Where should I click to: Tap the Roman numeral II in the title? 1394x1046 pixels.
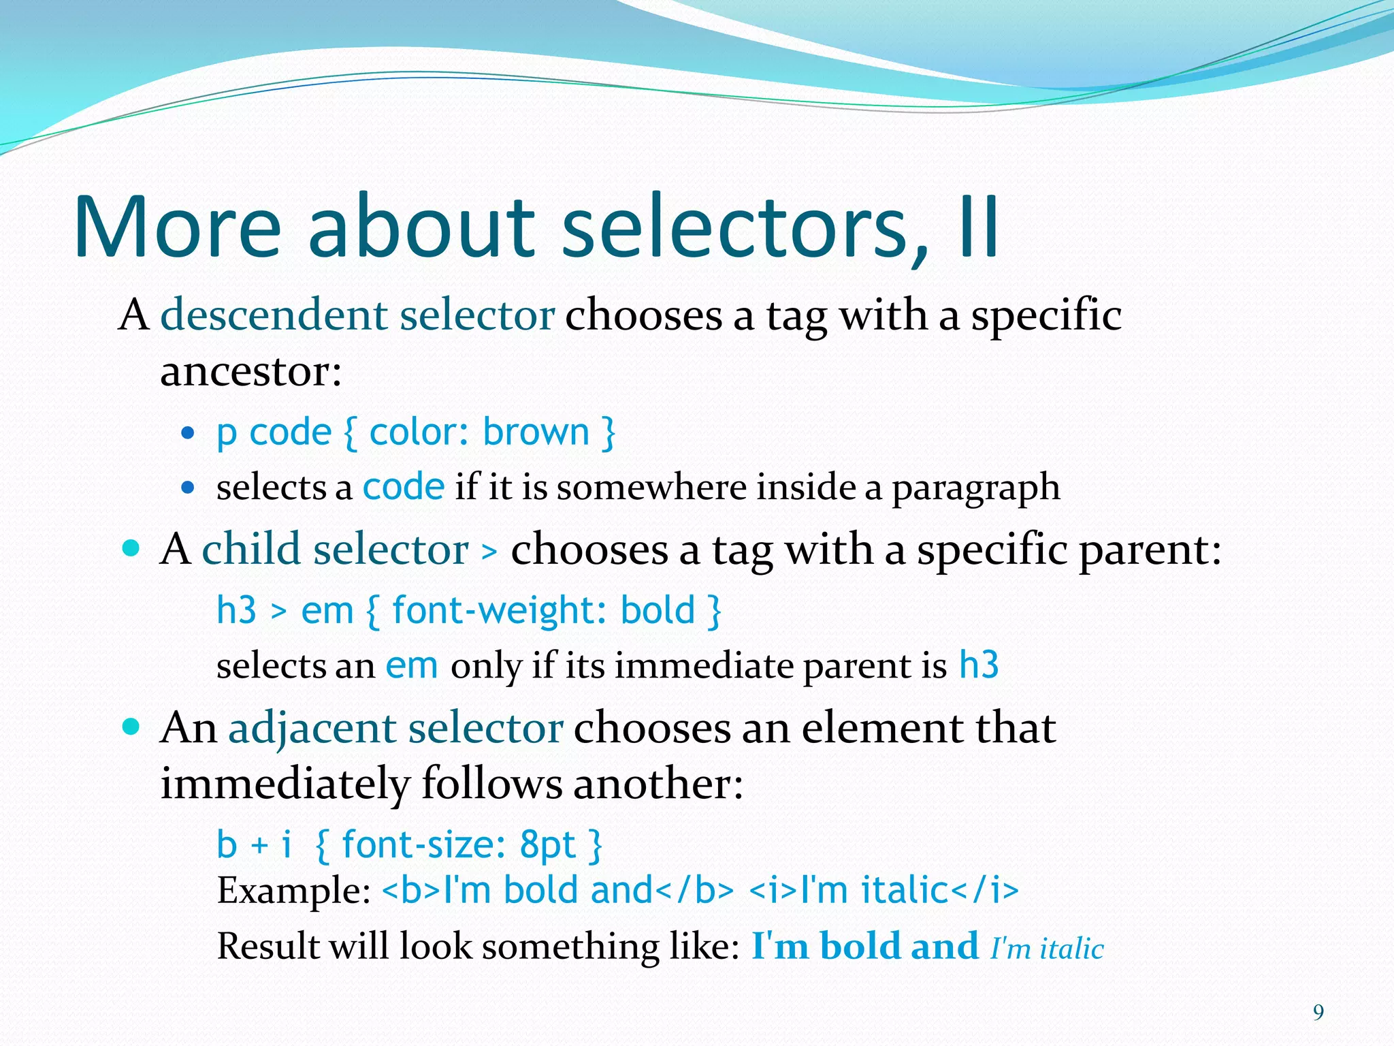[979, 228]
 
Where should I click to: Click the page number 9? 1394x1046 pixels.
[1318, 1013]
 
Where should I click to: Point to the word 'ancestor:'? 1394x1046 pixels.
[250, 373]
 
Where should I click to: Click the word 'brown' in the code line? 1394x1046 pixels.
[536, 432]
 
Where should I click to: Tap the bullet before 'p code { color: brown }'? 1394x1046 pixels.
[189, 432]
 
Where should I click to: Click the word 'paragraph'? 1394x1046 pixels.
[975, 488]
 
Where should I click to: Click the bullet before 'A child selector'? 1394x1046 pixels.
[131, 548]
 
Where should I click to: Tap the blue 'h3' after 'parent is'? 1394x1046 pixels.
[979, 665]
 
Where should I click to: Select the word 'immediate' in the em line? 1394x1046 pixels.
[703, 666]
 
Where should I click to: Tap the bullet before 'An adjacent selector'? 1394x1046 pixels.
[131, 727]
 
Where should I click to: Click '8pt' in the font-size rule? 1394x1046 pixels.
[547, 845]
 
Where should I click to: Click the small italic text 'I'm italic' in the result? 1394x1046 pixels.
[1047, 949]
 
